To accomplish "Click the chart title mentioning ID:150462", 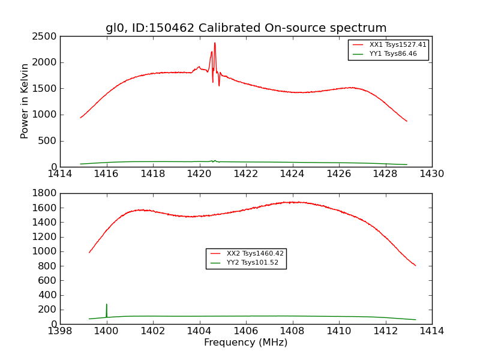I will tap(246, 28).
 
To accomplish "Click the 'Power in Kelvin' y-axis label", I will tap(25, 101).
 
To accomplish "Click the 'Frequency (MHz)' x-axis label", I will tap(245, 343).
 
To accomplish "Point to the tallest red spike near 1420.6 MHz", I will tap(215, 43).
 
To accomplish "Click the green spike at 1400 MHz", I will tap(107, 305).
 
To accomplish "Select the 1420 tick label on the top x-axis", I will tap(200, 174).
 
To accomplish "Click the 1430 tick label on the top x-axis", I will tap(431, 174).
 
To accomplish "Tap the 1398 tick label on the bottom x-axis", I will tap(60, 331).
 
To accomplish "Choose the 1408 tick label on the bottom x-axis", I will tap(292, 331).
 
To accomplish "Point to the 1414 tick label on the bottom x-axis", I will tap(431, 331).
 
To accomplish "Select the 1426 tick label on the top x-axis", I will tap(339, 174).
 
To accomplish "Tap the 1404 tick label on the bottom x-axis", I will tap(199, 331).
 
